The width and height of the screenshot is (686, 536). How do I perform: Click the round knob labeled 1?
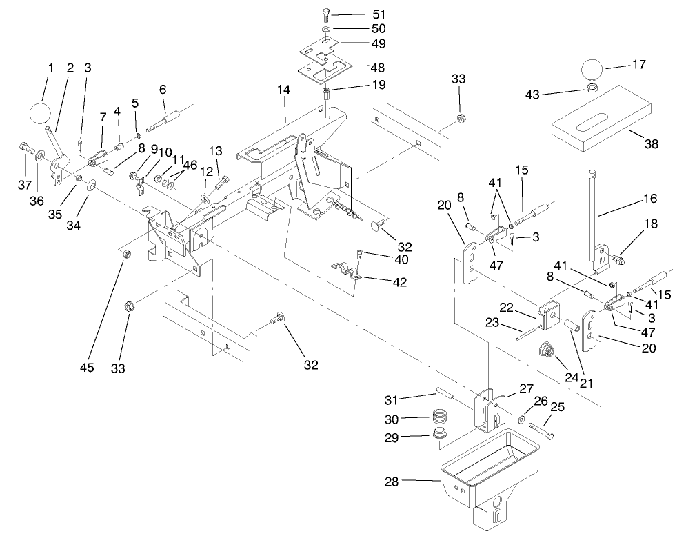click(x=41, y=113)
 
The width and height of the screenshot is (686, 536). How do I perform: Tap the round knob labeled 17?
click(x=592, y=70)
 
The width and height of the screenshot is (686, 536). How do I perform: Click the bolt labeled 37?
click(x=24, y=147)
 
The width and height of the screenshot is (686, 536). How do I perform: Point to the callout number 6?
click(x=163, y=90)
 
